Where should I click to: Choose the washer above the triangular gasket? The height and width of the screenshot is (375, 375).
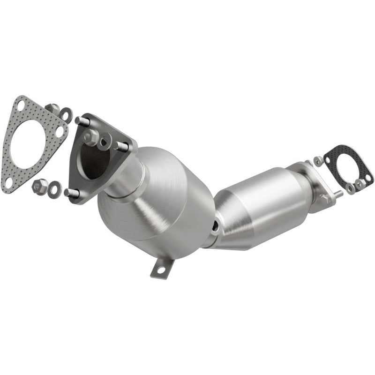(66, 115)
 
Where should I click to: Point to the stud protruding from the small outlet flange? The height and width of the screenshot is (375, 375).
(338, 192)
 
